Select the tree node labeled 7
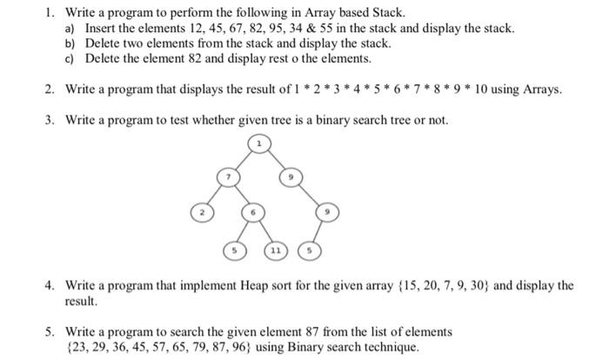[227, 178]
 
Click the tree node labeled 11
[276, 250]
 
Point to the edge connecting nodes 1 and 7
[243, 159]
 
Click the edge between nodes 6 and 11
[264, 232]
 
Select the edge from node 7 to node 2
[214, 196]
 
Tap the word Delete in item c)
[104, 59]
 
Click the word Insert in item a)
[101, 28]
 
